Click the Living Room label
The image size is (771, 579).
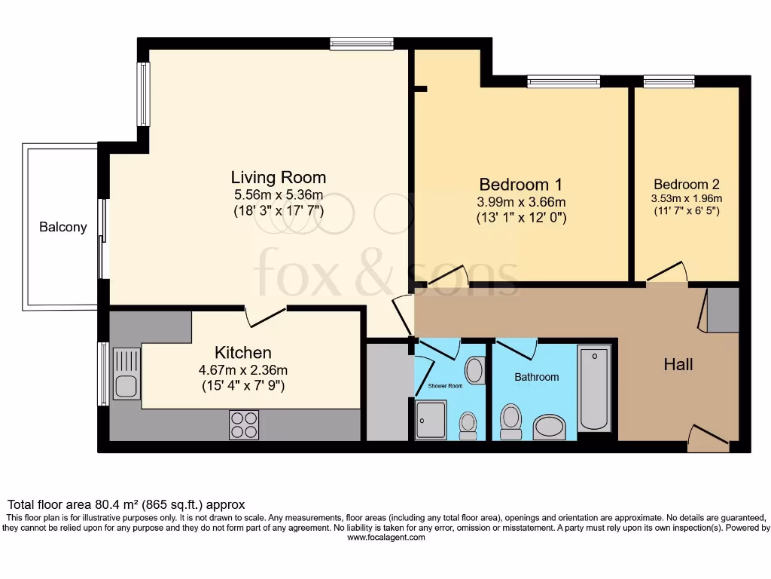(278, 178)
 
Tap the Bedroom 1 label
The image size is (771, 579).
(521, 184)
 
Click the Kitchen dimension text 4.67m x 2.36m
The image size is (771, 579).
(242, 370)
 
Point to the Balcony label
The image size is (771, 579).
(63, 226)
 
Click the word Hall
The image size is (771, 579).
(678, 365)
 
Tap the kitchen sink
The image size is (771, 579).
(126, 373)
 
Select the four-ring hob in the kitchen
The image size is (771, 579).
(243, 424)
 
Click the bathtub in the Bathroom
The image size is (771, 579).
(593, 388)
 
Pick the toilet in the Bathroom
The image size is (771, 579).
(511, 421)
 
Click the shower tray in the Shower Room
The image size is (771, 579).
(432, 420)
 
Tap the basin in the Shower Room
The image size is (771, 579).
(475, 370)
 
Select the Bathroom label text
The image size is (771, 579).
(536, 376)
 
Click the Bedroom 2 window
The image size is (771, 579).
(669, 81)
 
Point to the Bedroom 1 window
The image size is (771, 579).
(563, 81)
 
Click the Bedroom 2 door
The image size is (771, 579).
(667, 273)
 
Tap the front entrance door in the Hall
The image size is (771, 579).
(709, 439)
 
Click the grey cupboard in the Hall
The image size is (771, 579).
(722, 309)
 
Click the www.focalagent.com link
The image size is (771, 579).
(385, 538)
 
